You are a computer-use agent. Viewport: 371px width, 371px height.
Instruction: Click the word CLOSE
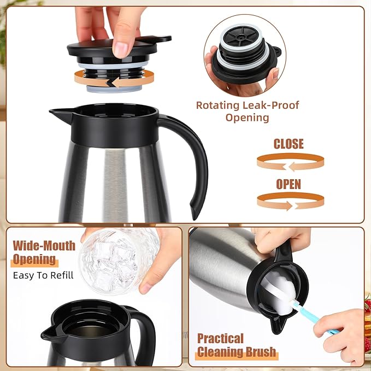tap(288, 144)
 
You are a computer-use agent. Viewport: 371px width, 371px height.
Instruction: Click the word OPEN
tap(288, 184)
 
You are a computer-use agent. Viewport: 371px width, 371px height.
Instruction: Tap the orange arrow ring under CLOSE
tap(290, 162)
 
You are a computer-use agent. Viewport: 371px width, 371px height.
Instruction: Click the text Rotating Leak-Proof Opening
tap(248, 111)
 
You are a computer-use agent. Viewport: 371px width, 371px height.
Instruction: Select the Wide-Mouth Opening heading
tap(44, 252)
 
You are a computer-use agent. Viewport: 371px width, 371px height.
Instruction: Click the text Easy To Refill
tap(43, 275)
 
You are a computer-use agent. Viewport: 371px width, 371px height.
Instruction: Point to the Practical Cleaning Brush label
tap(237, 345)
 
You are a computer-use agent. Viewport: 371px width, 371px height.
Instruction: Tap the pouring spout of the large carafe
tap(57, 114)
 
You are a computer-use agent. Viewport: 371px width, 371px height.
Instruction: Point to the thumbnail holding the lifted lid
tap(122, 48)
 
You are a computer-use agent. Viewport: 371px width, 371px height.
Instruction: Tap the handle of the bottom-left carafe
tap(146, 333)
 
